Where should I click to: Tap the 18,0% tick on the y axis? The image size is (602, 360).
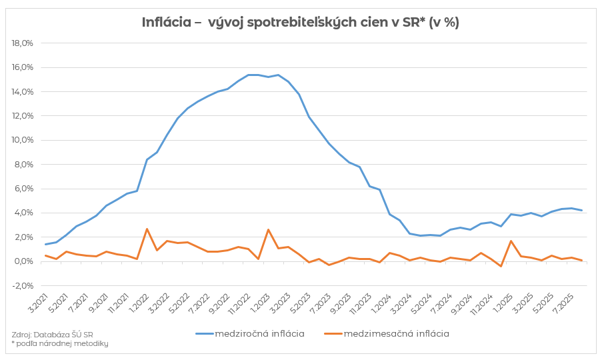(23, 43)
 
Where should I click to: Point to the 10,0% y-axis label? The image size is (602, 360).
(23, 140)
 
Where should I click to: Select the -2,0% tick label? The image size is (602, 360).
(23, 285)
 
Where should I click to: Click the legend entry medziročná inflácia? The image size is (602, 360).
(259, 333)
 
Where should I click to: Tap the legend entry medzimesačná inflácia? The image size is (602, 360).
(396, 333)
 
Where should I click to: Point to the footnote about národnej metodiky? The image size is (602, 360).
(60, 343)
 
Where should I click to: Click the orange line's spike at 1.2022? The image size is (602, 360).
(147, 229)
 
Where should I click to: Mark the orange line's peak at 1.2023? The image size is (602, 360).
(268, 230)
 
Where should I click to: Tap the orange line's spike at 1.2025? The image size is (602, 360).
(511, 241)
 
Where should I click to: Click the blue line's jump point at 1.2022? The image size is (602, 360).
(147, 159)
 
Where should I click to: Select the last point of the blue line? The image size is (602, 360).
(582, 211)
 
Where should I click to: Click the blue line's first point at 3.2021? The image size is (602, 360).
(45, 244)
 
